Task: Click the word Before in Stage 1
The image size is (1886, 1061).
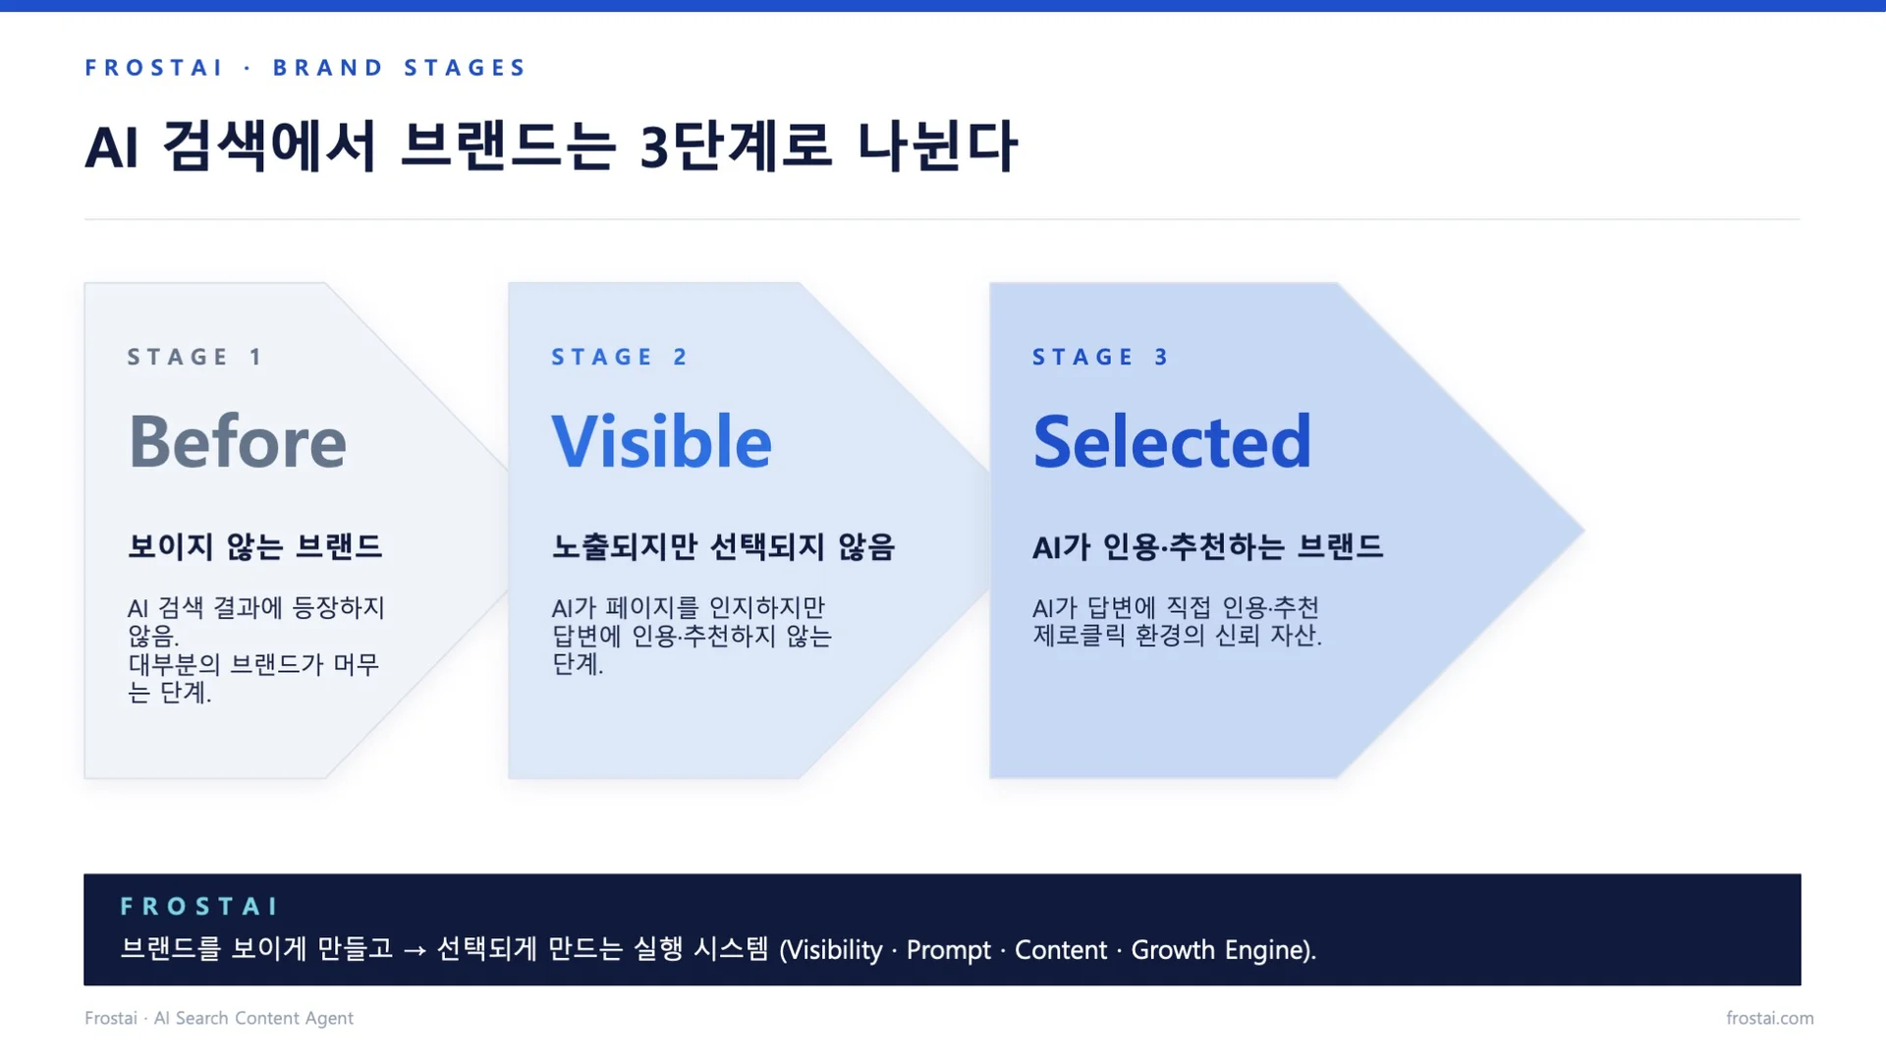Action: point(238,442)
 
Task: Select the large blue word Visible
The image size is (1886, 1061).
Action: point(661,442)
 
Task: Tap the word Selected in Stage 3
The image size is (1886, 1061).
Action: point(1172,442)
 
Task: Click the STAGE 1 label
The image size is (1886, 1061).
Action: point(194,357)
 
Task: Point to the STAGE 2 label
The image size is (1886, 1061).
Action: point(619,357)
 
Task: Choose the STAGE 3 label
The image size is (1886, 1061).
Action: point(1100,357)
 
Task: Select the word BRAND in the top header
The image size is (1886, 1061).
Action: point(328,68)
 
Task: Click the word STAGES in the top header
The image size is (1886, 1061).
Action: point(466,68)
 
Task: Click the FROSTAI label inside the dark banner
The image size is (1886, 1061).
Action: point(199,906)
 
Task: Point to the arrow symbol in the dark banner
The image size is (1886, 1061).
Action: point(415,950)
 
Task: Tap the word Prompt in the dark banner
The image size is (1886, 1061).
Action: point(948,950)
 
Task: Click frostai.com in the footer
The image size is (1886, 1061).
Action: point(1769,1018)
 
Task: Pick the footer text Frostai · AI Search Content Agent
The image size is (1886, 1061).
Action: point(219,1018)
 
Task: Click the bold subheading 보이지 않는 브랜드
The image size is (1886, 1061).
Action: point(254,546)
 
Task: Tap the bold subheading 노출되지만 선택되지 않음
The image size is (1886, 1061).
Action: point(723,546)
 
